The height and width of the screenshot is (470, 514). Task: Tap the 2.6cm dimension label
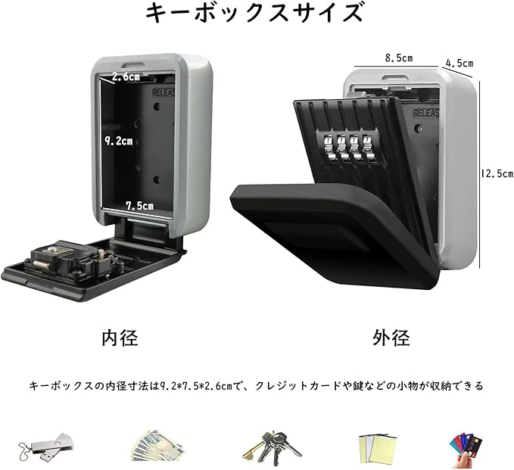click(x=126, y=76)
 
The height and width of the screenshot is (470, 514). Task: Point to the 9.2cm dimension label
click(x=118, y=141)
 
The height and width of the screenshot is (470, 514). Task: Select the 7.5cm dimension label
click(x=139, y=205)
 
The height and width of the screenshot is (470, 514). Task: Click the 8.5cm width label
click(x=398, y=58)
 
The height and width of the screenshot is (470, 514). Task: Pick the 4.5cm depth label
click(x=459, y=63)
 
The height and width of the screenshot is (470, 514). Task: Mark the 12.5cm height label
click(x=497, y=173)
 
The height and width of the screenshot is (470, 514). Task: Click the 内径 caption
click(x=120, y=338)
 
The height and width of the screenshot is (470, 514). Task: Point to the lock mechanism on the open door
click(x=64, y=260)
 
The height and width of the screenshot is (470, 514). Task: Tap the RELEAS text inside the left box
click(x=164, y=92)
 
